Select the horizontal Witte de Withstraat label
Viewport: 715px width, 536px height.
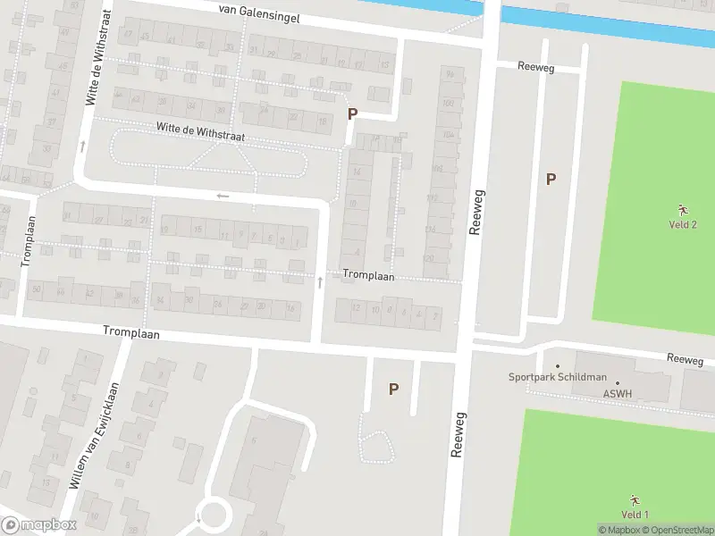point(200,131)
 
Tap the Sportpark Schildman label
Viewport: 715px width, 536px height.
point(558,377)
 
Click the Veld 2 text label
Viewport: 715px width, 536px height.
point(683,224)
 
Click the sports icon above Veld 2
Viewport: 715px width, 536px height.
point(683,209)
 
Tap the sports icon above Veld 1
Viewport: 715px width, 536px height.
point(635,499)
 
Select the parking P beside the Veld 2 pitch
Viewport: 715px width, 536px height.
point(551,179)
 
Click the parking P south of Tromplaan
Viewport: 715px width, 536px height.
point(392,389)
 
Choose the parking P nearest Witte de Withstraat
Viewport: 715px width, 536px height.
point(353,114)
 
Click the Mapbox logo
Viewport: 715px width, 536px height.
point(39,524)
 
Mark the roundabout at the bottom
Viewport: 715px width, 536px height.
point(214,515)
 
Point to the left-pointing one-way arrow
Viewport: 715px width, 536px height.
point(223,196)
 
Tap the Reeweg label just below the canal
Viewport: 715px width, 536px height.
point(538,66)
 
